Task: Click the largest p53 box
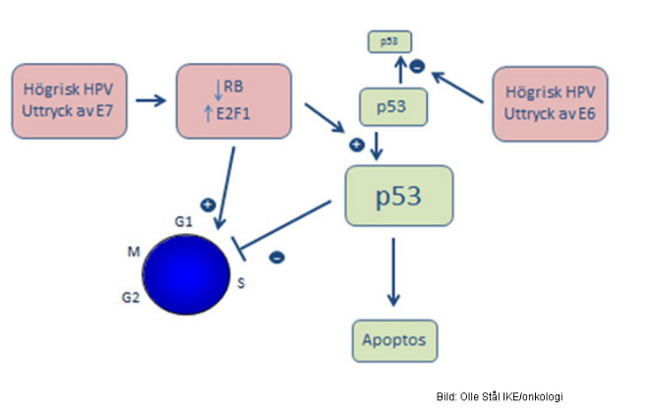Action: pos(398,196)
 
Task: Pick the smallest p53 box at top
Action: pos(388,41)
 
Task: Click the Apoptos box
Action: pos(394,339)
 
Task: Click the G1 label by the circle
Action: pos(182,223)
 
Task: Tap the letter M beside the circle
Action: pos(133,253)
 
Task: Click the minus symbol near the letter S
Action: pos(277,257)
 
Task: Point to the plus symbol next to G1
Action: pos(207,205)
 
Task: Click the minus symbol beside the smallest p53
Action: pos(418,67)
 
